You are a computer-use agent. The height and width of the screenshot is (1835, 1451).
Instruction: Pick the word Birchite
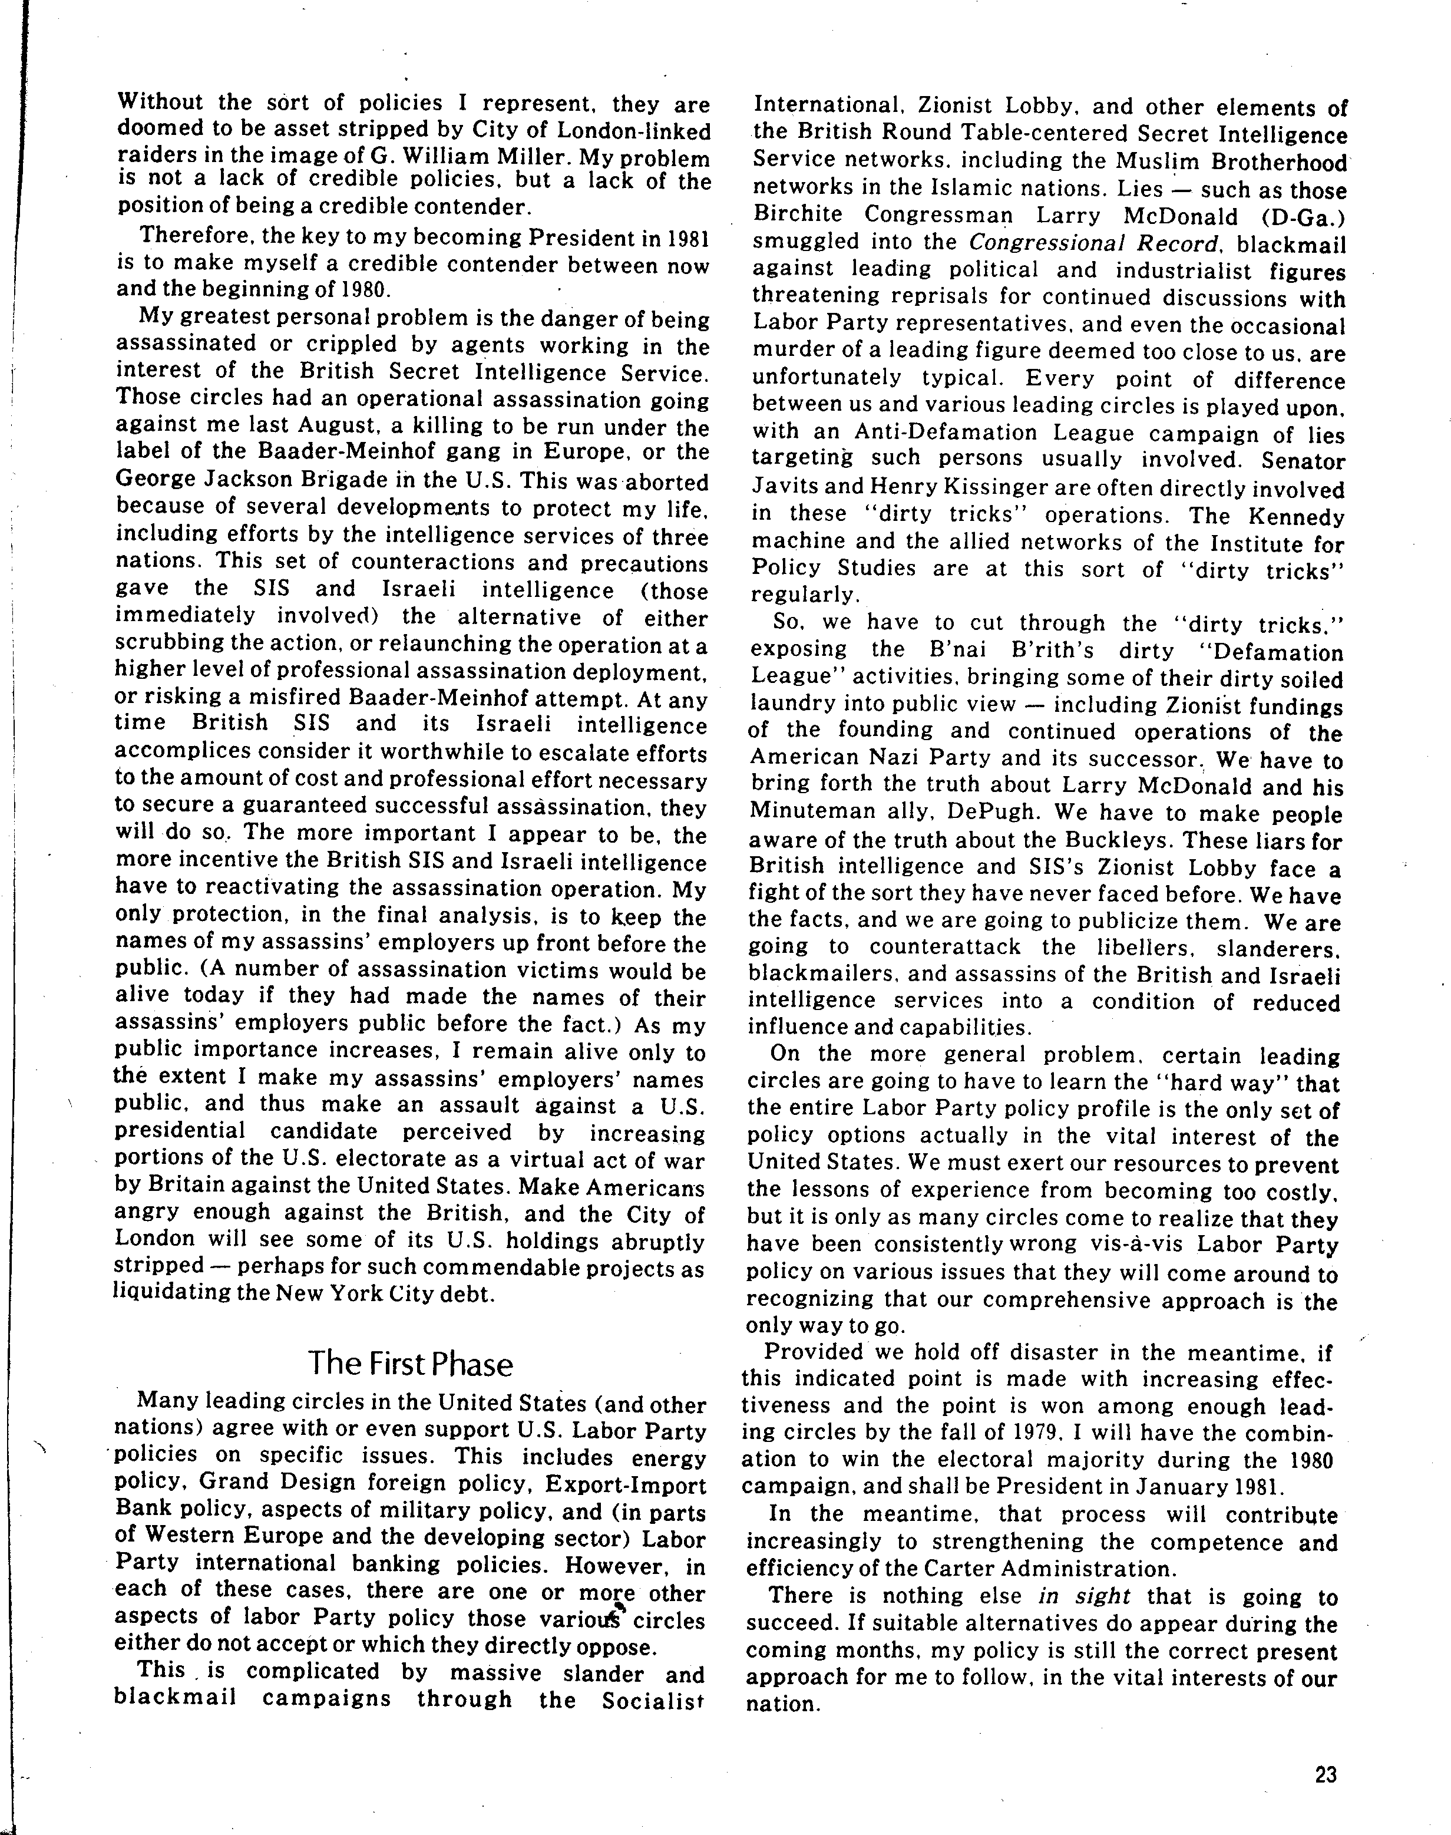tap(799, 217)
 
